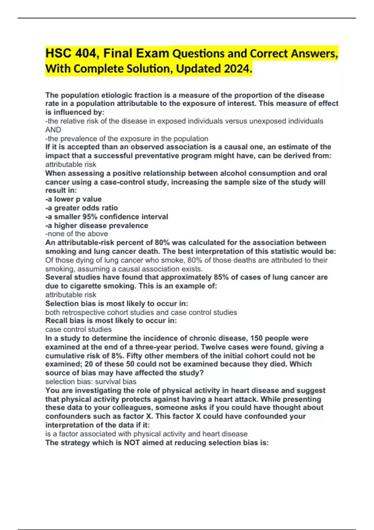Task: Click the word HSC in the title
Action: pyautogui.click(x=58, y=53)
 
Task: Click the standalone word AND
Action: pyautogui.click(x=53, y=130)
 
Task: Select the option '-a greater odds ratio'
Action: pyautogui.click(x=82, y=208)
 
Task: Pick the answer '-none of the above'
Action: pyautogui.click(x=77, y=234)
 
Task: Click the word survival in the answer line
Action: pyautogui.click(x=108, y=382)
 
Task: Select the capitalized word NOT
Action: pyautogui.click(x=132, y=443)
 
